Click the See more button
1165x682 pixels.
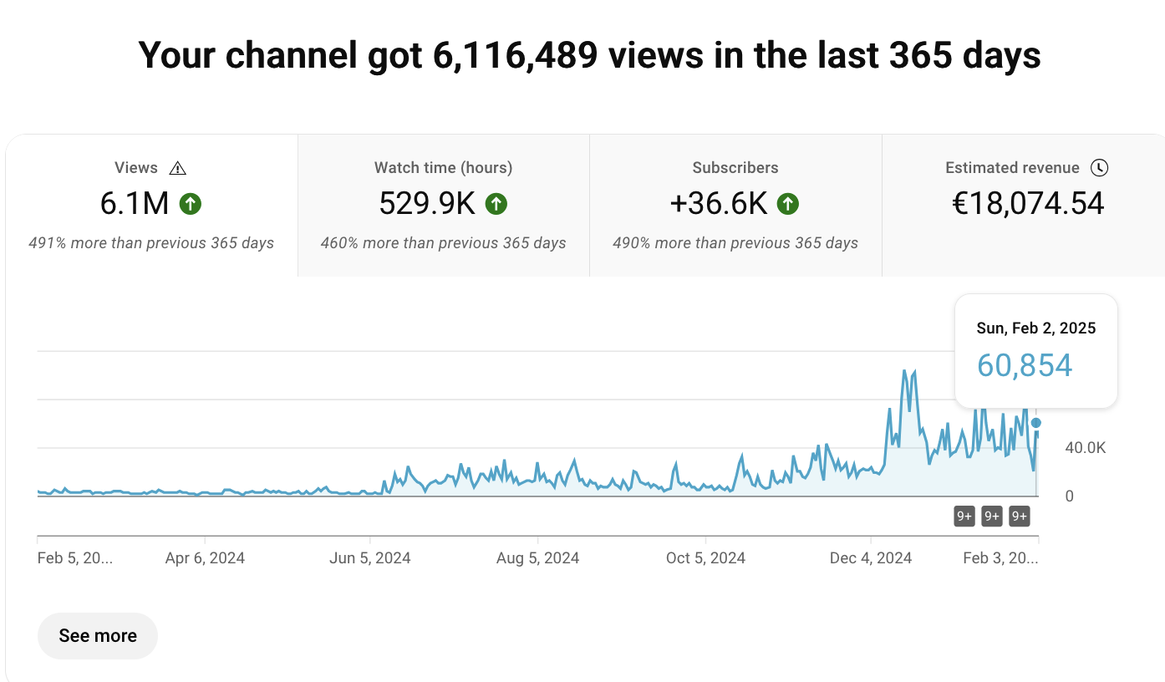point(98,636)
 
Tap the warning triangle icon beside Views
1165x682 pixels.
point(177,168)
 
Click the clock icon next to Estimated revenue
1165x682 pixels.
point(1100,168)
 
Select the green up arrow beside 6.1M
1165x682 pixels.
point(191,203)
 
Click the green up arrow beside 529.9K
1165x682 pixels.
point(496,203)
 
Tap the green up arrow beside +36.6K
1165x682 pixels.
point(788,203)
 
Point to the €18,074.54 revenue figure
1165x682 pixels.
point(1028,203)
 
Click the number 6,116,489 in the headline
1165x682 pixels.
point(514,55)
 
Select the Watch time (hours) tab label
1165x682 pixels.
point(443,168)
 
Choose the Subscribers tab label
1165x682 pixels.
point(735,168)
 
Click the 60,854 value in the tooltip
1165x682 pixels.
point(1025,365)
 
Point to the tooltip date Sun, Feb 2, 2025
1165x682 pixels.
point(1035,328)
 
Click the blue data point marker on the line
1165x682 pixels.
point(1036,423)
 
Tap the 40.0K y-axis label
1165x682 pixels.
point(1086,448)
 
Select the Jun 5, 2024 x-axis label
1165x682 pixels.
point(371,558)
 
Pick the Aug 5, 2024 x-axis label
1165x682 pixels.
point(537,558)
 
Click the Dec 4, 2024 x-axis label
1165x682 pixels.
point(871,558)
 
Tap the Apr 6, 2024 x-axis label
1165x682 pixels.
point(205,558)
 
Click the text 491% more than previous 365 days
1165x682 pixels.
point(151,243)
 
